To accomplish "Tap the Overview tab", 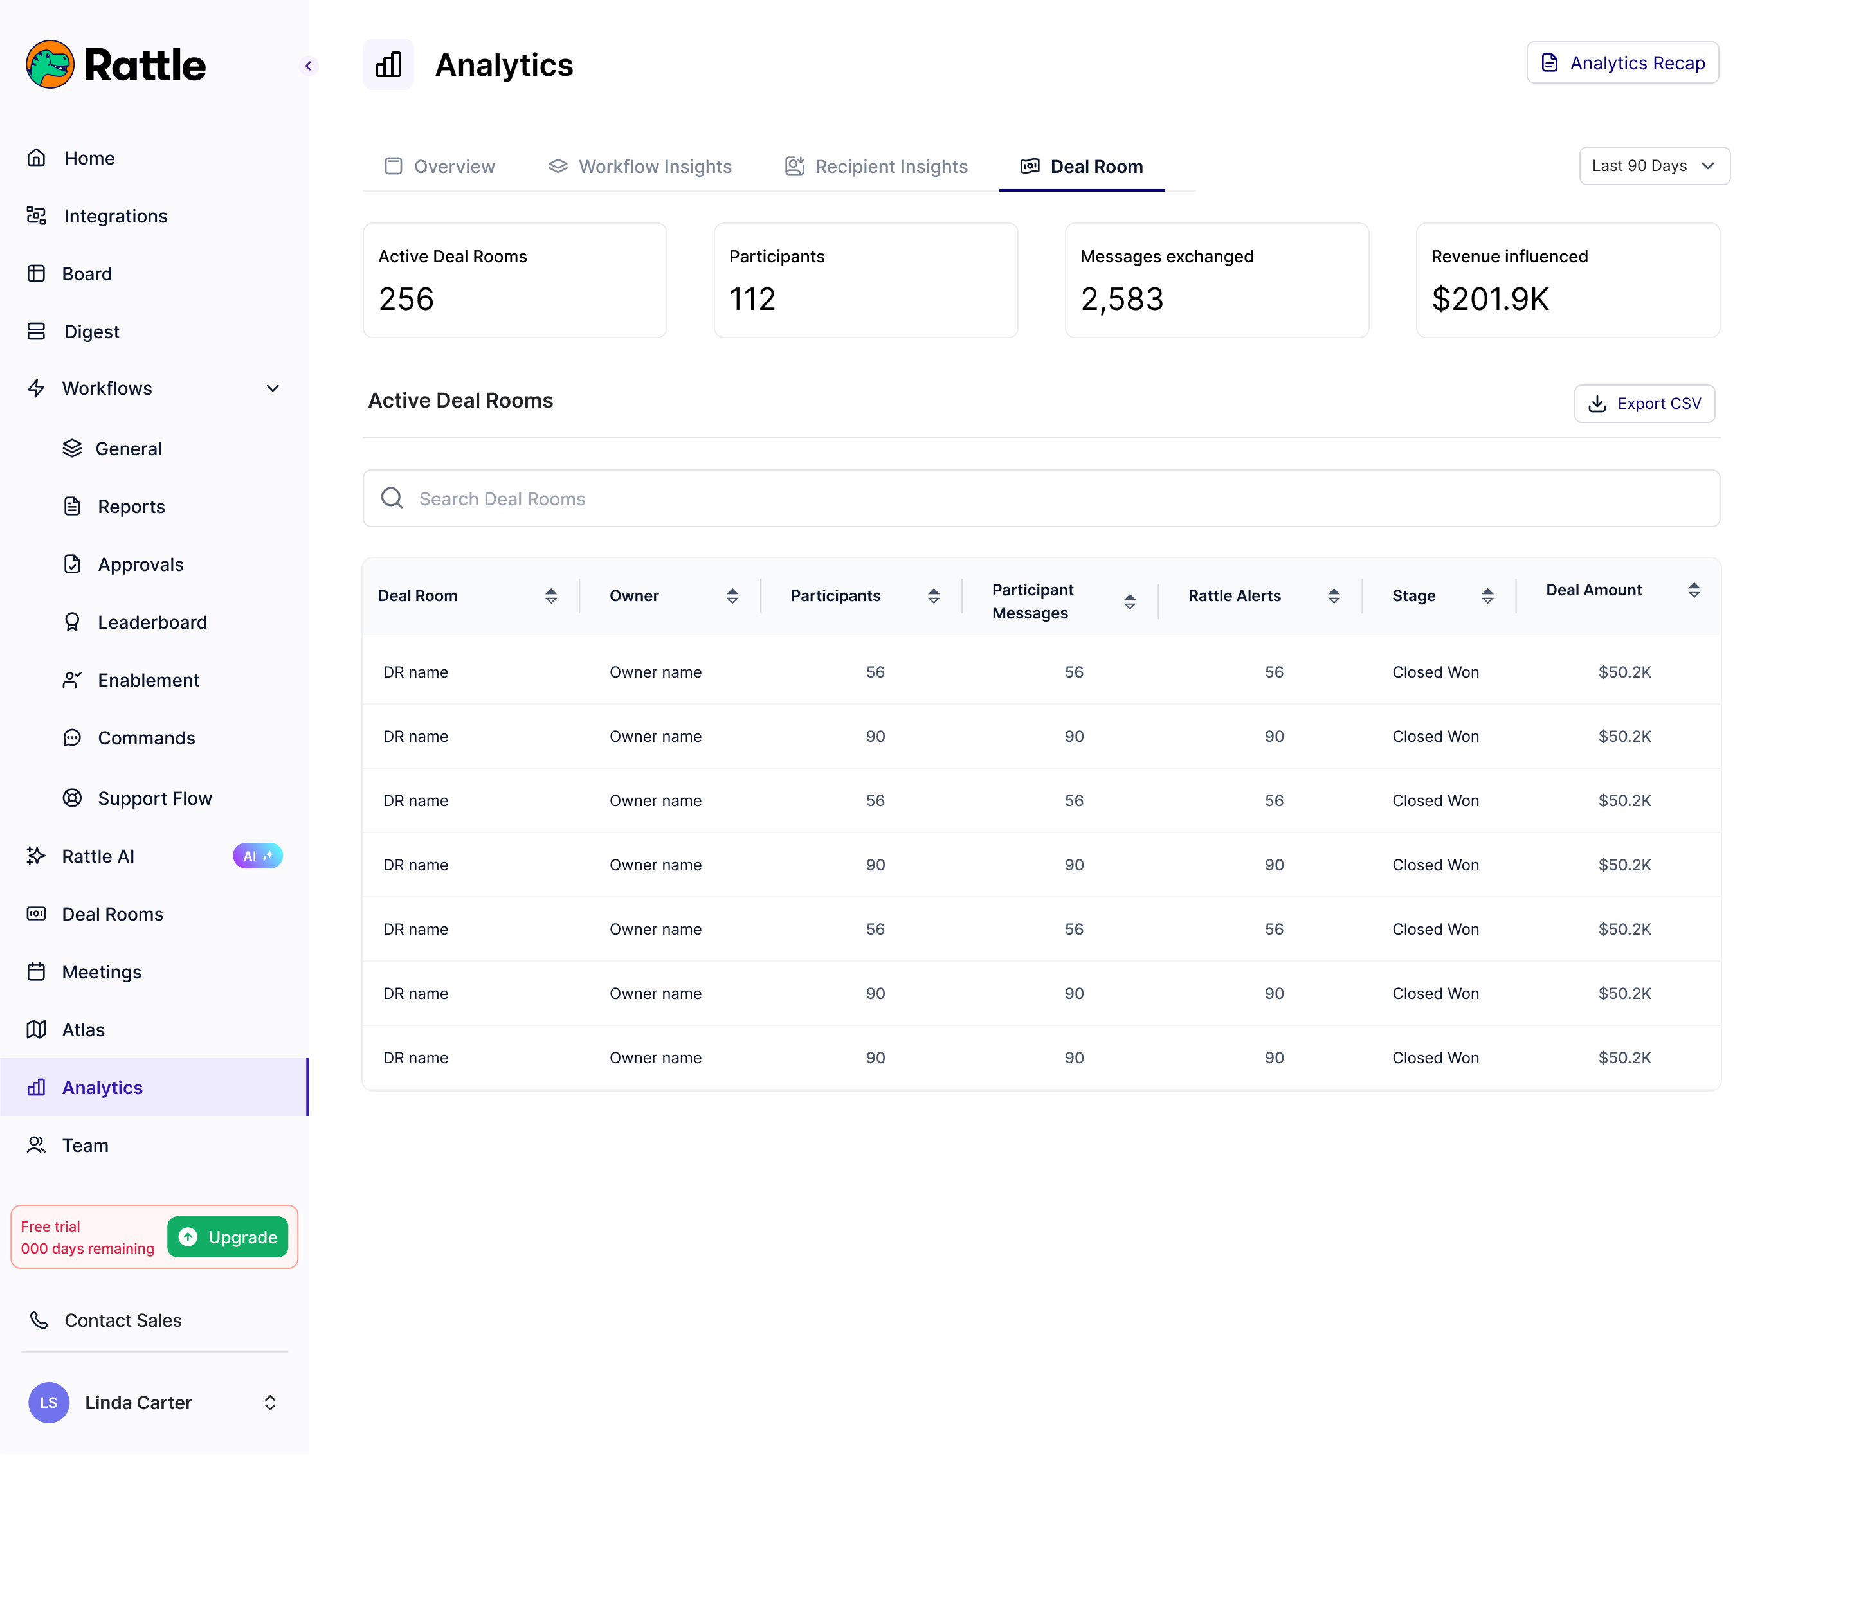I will (439, 167).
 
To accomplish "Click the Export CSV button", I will (1644, 404).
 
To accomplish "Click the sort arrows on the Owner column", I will (732, 597).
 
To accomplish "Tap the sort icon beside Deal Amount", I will (1694, 590).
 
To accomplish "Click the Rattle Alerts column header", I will (1234, 597).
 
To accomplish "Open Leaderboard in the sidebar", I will (152, 623).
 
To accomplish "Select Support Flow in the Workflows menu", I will (154, 799).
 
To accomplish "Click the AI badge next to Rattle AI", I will (258, 856).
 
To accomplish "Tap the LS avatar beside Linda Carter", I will (48, 1403).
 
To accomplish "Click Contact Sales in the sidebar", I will (123, 1320).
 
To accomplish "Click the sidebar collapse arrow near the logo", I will (309, 66).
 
